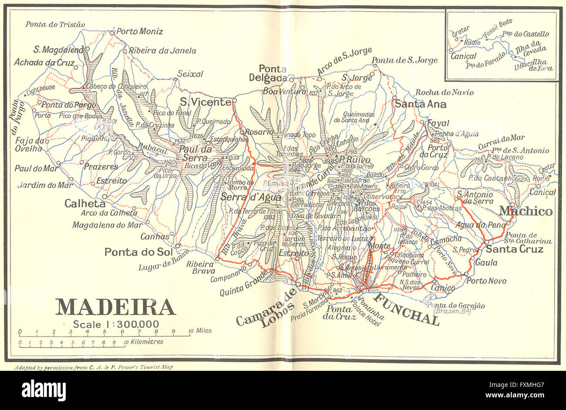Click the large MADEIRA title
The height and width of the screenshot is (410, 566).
click(x=115, y=307)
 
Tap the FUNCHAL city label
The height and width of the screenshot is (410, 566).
click(x=407, y=309)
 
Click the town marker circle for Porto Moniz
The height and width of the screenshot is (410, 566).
click(x=112, y=32)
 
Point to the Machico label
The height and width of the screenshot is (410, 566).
click(x=526, y=212)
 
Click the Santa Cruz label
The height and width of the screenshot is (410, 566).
click(x=515, y=249)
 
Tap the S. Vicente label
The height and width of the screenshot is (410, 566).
click(x=205, y=102)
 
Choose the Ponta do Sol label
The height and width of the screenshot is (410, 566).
click(x=139, y=252)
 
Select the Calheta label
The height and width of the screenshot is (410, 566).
click(x=85, y=203)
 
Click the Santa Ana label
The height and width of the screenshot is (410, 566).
click(x=420, y=104)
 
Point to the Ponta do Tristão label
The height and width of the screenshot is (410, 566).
click(x=55, y=24)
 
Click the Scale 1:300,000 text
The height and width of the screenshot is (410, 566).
click(x=115, y=324)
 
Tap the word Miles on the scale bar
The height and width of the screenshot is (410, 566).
click(x=203, y=331)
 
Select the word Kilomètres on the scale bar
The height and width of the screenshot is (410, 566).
click(x=145, y=342)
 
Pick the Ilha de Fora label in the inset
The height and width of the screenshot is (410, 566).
click(x=542, y=65)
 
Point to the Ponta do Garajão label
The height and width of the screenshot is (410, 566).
click(x=455, y=306)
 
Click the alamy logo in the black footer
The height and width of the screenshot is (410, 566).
click(x=44, y=390)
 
